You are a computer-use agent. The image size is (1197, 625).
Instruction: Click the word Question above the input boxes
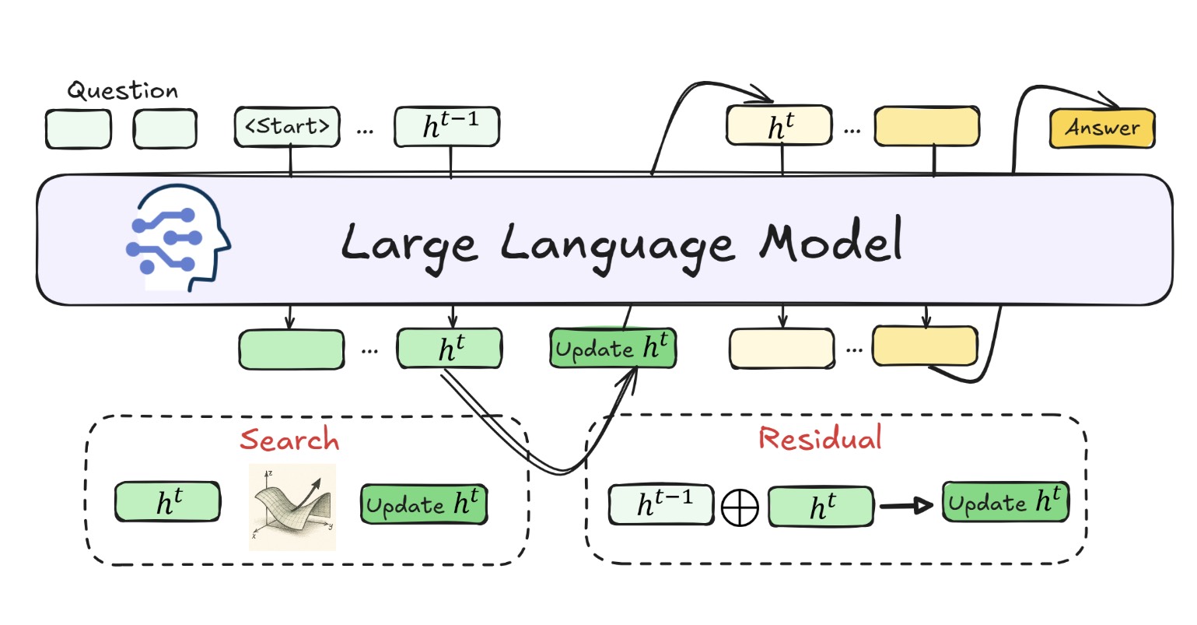pyautogui.click(x=122, y=91)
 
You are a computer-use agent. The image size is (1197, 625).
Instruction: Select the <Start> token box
pyautogui.click(x=287, y=127)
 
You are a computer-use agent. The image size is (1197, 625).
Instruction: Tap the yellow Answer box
pyautogui.click(x=1102, y=128)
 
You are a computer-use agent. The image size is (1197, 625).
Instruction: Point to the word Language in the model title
pyautogui.click(x=617, y=243)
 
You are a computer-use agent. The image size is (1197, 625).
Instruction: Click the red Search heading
pyautogui.click(x=289, y=440)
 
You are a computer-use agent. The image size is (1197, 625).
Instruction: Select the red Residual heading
pyautogui.click(x=820, y=438)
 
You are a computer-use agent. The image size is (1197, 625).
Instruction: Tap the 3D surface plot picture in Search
pyautogui.click(x=292, y=507)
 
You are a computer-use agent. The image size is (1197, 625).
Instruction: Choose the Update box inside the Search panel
pyautogui.click(x=424, y=504)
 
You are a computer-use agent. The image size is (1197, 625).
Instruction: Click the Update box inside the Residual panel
pyautogui.click(x=1005, y=502)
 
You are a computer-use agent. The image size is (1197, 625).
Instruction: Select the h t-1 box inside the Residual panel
pyautogui.click(x=661, y=504)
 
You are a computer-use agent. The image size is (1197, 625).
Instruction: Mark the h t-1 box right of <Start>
pyautogui.click(x=446, y=127)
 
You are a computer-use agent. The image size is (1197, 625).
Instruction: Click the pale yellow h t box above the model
pyautogui.click(x=779, y=127)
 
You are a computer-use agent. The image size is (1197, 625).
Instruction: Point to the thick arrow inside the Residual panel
pyautogui.click(x=907, y=506)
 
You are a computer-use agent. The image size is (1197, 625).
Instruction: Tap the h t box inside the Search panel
pyautogui.click(x=167, y=502)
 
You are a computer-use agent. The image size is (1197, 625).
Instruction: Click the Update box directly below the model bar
pyautogui.click(x=613, y=348)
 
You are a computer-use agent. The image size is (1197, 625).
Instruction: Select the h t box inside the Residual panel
pyautogui.click(x=821, y=507)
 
